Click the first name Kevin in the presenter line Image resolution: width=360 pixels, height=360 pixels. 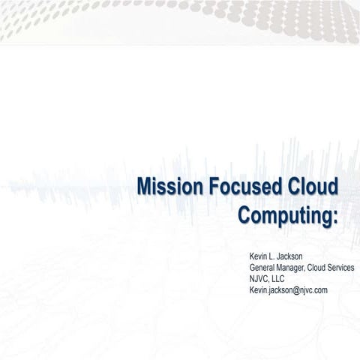(x=259, y=256)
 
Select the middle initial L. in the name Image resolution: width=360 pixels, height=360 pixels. (x=274, y=256)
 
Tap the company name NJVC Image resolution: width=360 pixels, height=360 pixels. (x=259, y=279)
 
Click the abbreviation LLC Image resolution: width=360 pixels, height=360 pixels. (x=279, y=279)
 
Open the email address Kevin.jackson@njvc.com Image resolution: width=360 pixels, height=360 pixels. (x=288, y=290)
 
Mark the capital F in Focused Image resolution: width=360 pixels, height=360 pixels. (x=211, y=187)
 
